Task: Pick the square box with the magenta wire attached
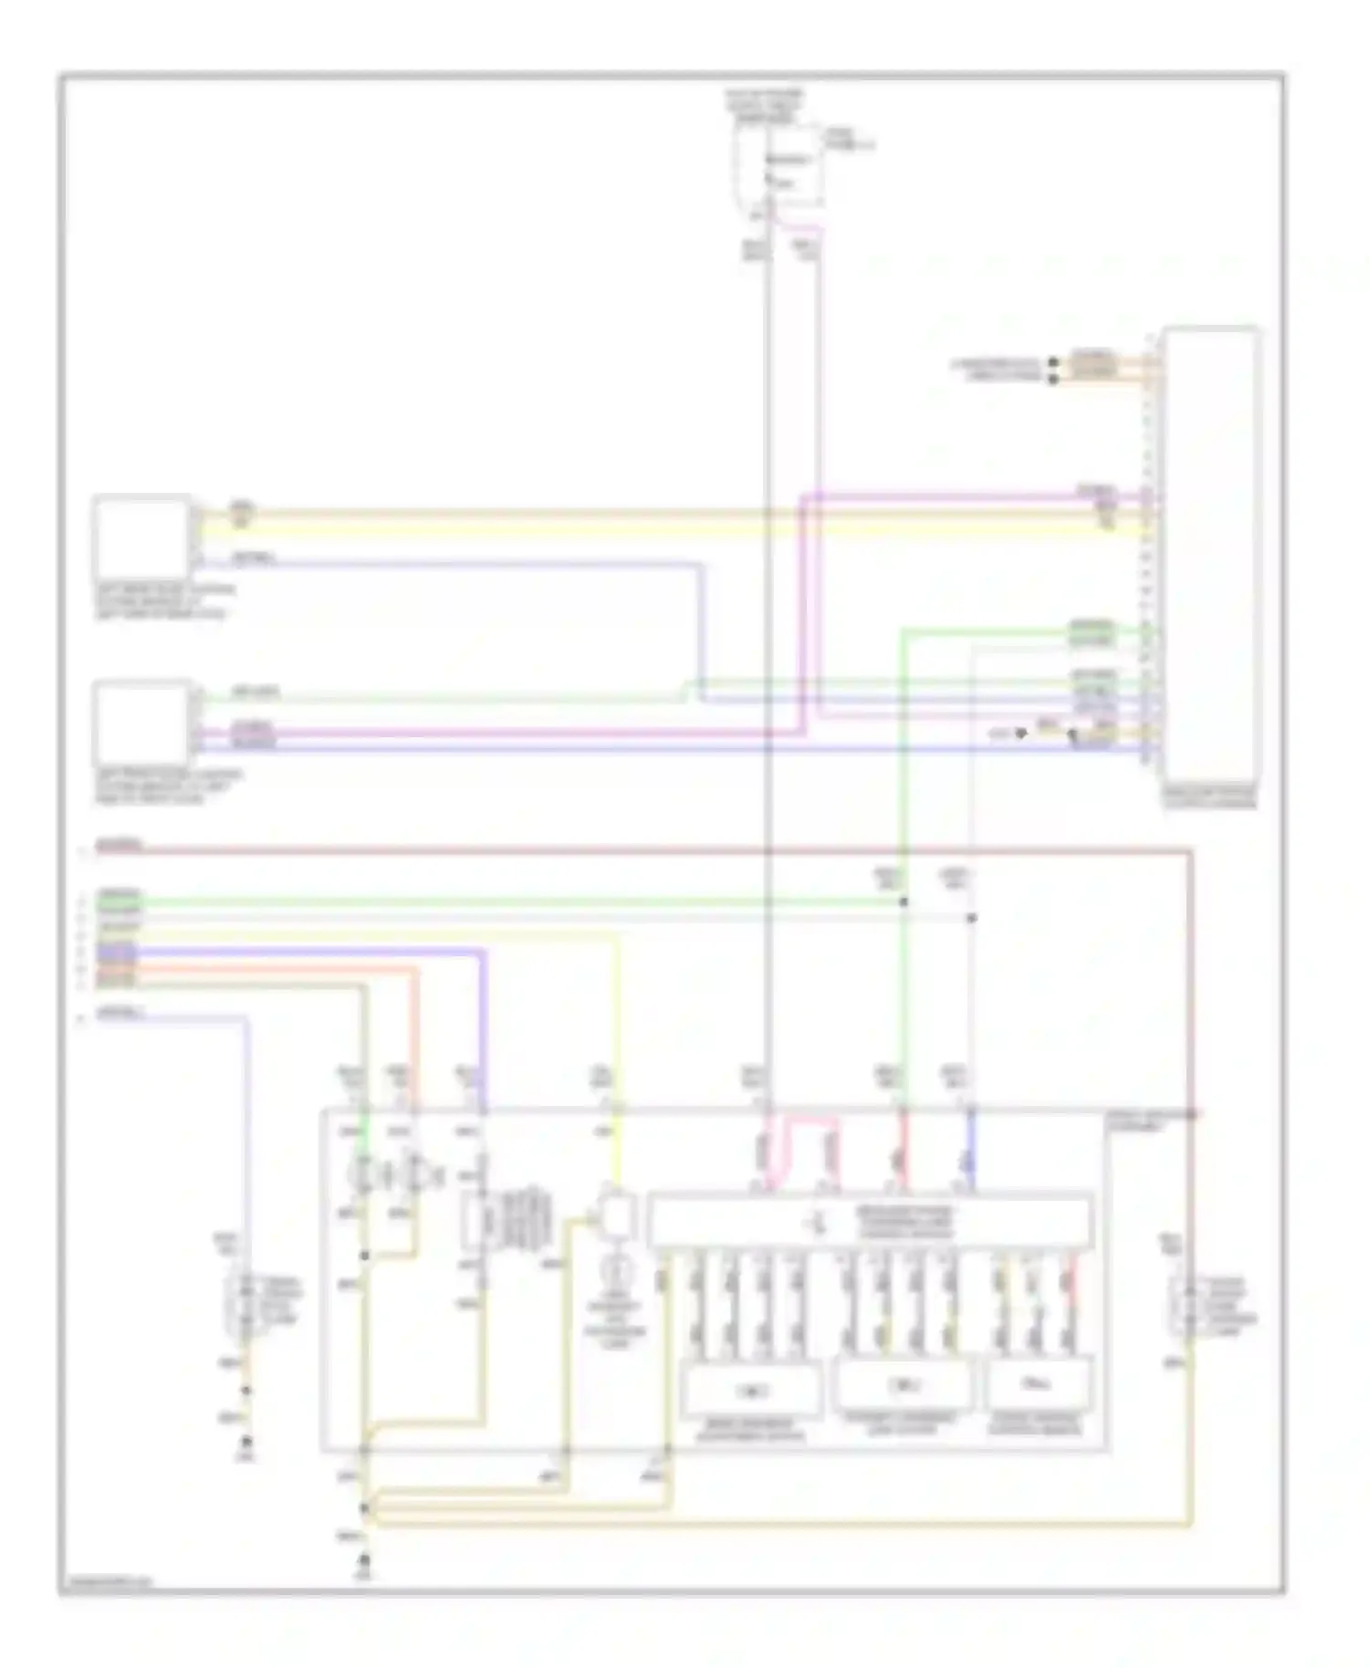(141, 721)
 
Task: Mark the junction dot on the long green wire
(904, 902)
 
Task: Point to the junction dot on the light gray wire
(971, 918)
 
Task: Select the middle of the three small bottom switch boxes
(904, 1385)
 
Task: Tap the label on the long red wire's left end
(118, 846)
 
